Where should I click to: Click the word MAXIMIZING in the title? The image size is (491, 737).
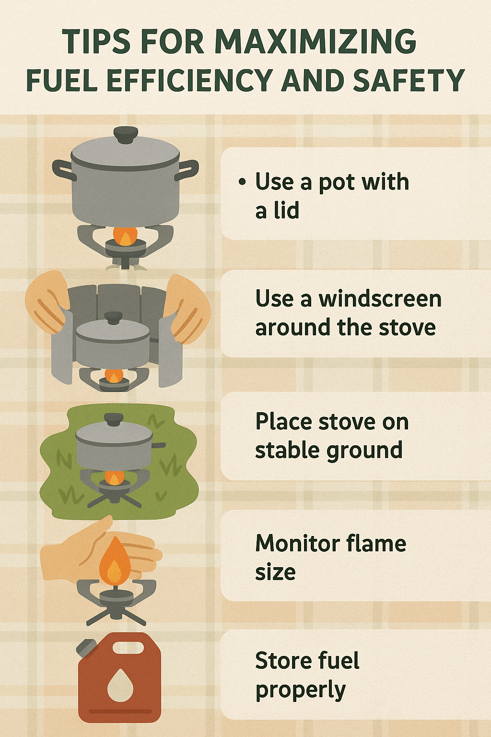[x=316, y=42]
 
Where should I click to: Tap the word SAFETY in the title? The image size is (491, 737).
[x=409, y=81]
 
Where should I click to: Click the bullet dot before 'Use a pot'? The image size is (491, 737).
[x=242, y=182]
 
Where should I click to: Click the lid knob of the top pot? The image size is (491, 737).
[x=125, y=135]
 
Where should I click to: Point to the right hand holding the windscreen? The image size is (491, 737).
[x=187, y=308]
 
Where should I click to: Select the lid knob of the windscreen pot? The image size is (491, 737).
[x=114, y=318]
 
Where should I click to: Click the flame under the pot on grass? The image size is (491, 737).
[x=114, y=477]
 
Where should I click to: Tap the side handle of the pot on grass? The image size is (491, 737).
[x=159, y=445]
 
